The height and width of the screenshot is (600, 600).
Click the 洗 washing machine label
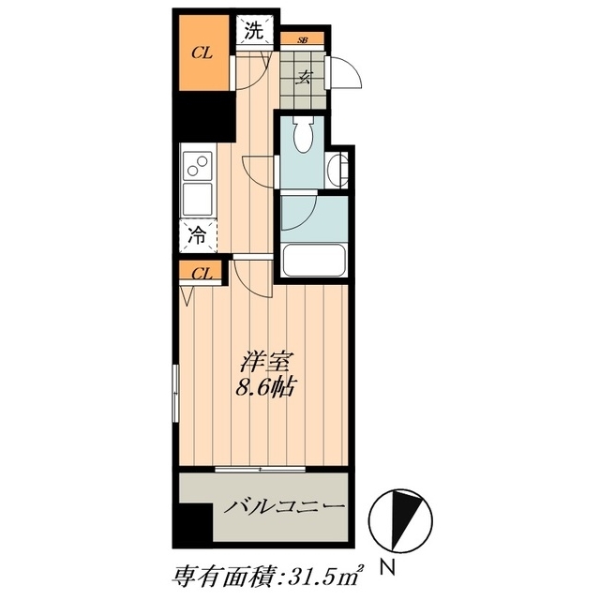[x=254, y=31]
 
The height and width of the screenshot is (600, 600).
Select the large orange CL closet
[x=204, y=52]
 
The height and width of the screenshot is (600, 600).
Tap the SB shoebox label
[x=302, y=39]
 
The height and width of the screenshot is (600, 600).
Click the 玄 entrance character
[x=304, y=78]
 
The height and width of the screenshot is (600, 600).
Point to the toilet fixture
[x=304, y=134]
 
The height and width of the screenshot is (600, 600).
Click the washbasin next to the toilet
[x=337, y=170]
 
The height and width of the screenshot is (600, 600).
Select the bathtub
[x=314, y=261]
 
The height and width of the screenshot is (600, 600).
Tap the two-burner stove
[x=197, y=166]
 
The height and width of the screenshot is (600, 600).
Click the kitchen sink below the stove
[x=197, y=199]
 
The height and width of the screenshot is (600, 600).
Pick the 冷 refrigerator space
[x=198, y=235]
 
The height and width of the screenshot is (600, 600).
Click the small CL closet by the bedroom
[x=201, y=273]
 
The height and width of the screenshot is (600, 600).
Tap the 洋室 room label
[x=264, y=363]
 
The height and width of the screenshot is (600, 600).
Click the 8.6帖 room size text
[x=264, y=388]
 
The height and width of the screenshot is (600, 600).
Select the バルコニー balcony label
[x=284, y=506]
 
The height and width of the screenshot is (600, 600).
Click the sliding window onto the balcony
[x=261, y=469]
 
